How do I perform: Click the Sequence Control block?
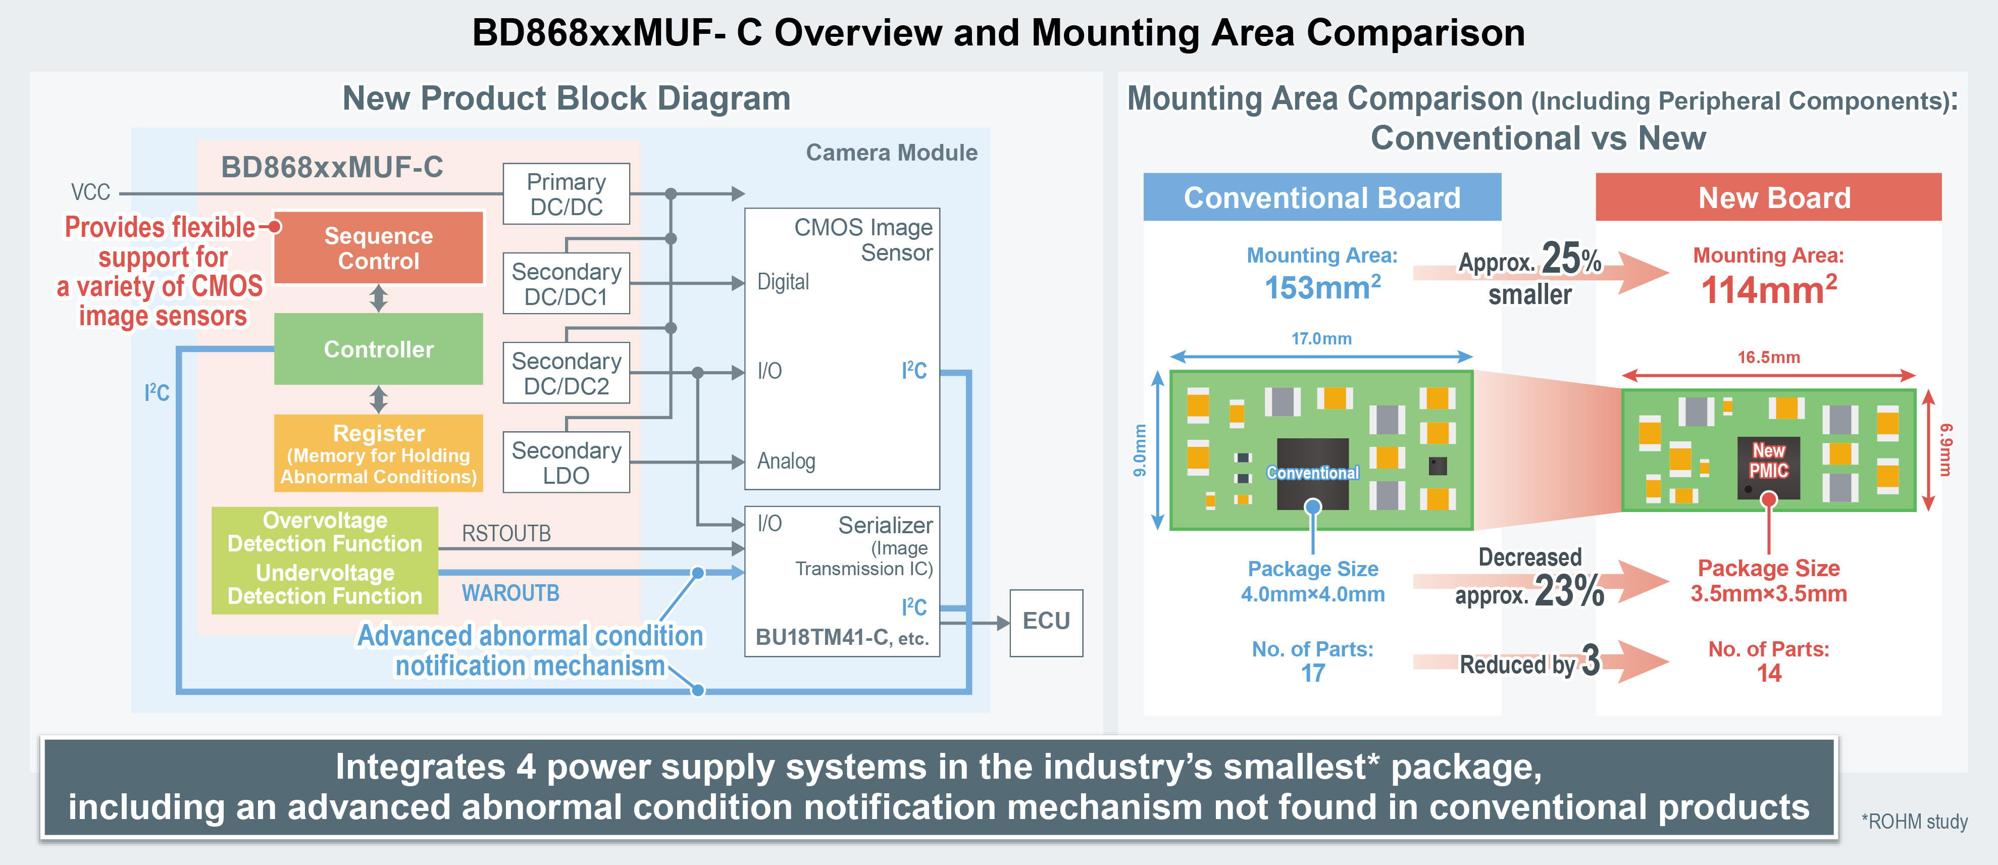[x=379, y=247]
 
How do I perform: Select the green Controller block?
[x=379, y=349]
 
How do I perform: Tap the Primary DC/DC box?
[x=566, y=194]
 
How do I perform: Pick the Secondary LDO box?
[x=566, y=463]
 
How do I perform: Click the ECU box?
[x=1046, y=622]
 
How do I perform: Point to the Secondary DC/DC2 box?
[x=566, y=373]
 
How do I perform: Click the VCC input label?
[x=91, y=192]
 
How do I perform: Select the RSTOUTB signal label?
[x=506, y=534]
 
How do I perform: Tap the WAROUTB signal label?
[x=510, y=593]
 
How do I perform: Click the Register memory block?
[x=379, y=453]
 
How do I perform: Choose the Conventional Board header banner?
[x=1322, y=198]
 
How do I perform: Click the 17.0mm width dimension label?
[x=1321, y=339]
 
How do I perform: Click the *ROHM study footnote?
[x=1914, y=822]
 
